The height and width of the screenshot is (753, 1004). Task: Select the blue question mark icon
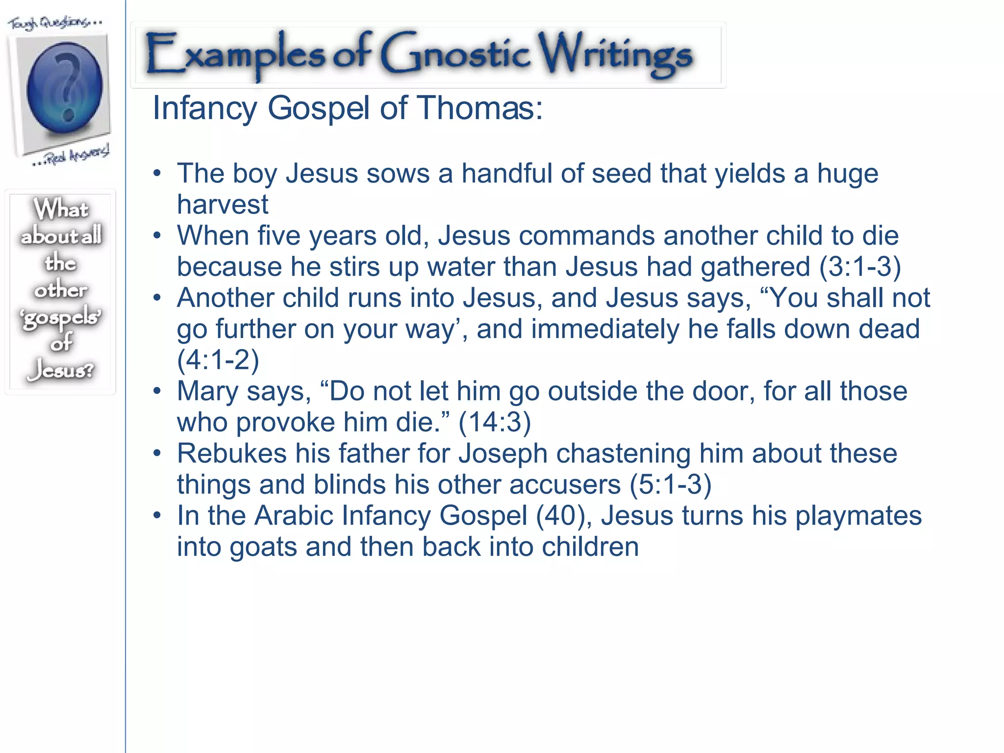coord(65,88)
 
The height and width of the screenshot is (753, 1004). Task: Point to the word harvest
coord(223,204)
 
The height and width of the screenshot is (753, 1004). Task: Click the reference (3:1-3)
coord(860,267)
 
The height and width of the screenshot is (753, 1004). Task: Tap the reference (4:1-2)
coord(218,360)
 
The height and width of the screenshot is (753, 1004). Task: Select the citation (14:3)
coord(495,422)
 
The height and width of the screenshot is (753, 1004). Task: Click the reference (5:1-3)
coord(670,484)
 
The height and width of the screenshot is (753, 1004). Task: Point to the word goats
coord(263,547)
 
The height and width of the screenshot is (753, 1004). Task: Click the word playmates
coord(858,516)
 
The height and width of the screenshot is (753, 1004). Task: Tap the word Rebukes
coord(232,453)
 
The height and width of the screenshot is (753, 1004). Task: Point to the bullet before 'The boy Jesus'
coord(156,174)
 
